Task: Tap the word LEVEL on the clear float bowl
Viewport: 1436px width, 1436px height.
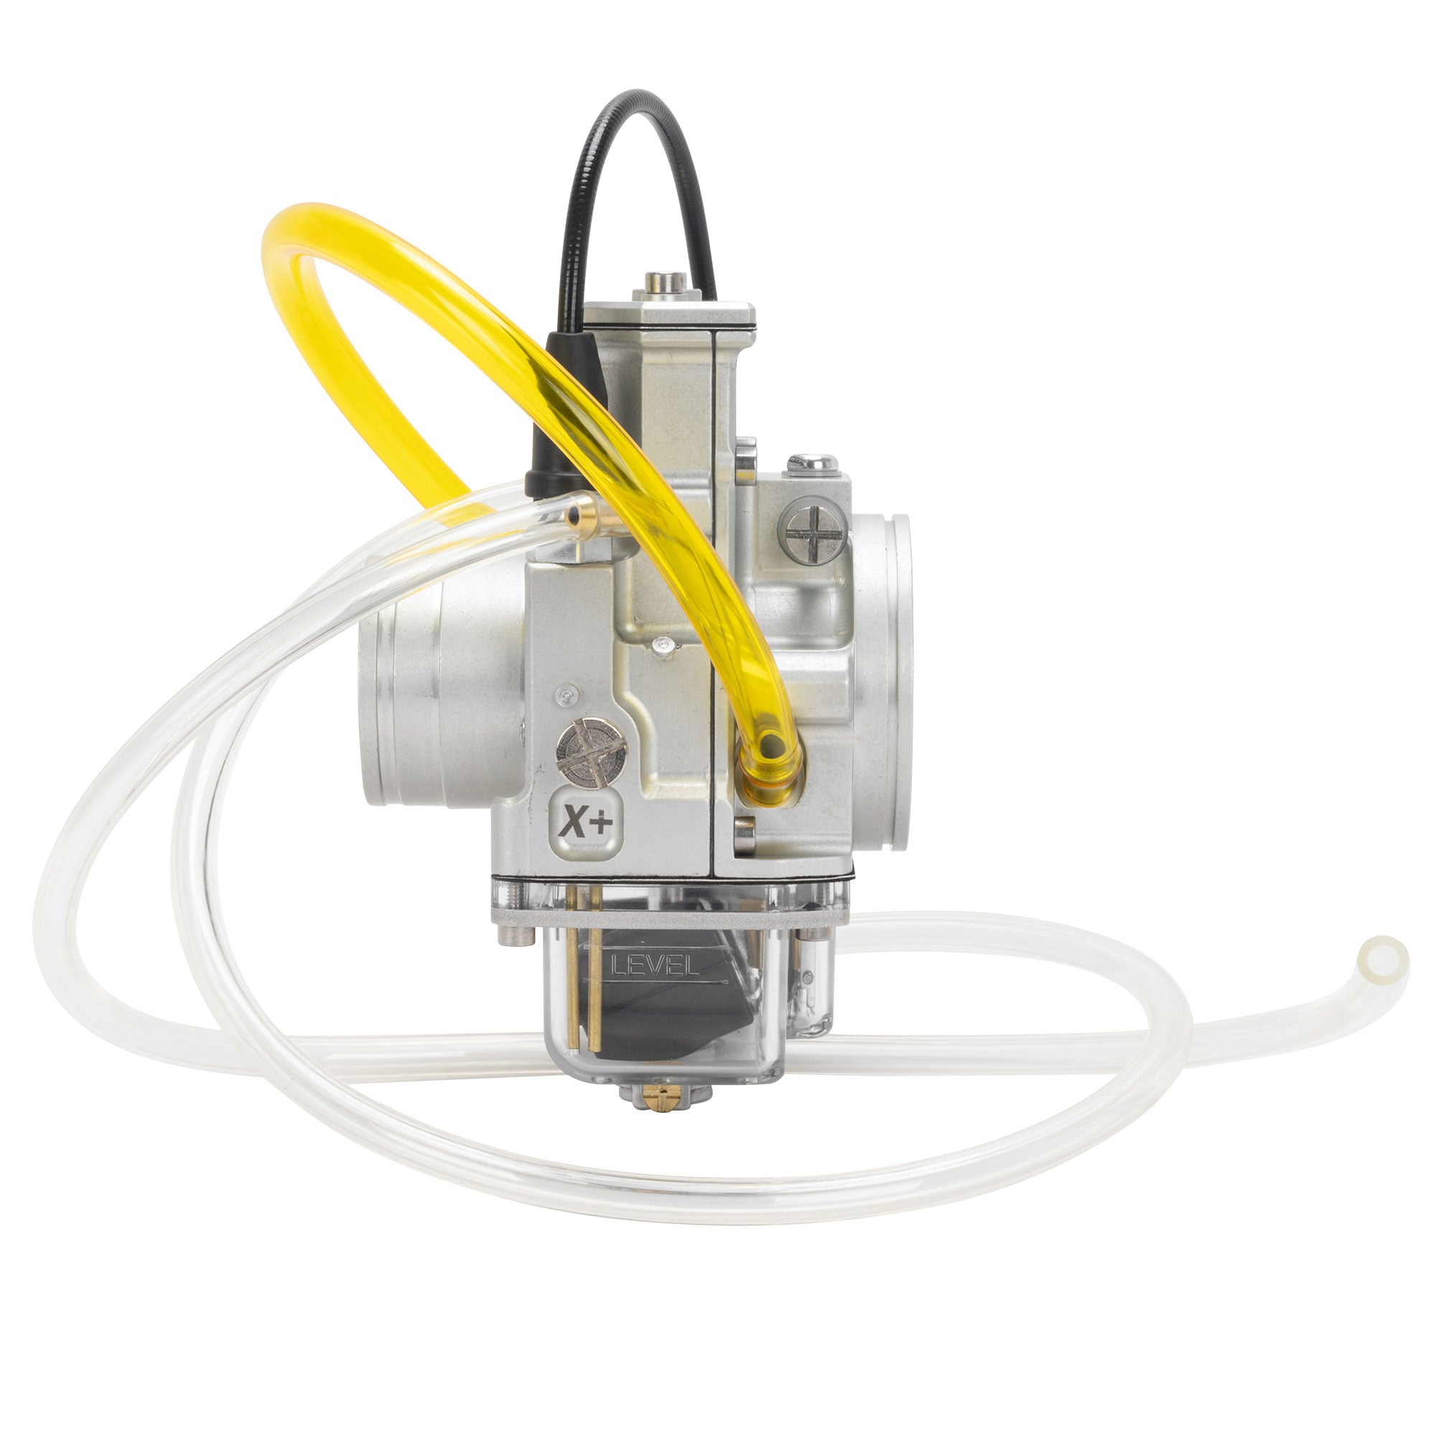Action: point(653,966)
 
